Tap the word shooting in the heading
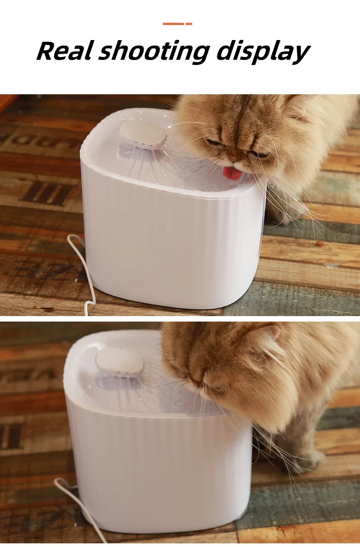click(154, 52)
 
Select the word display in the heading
click(263, 52)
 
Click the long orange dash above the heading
click(173, 24)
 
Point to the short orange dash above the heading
click(189, 24)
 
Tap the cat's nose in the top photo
click(234, 160)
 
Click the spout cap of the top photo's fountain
click(143, 133)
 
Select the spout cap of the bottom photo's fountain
click(119, 362)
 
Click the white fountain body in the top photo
click(171, 235)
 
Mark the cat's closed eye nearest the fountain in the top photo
click(213, 142)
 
